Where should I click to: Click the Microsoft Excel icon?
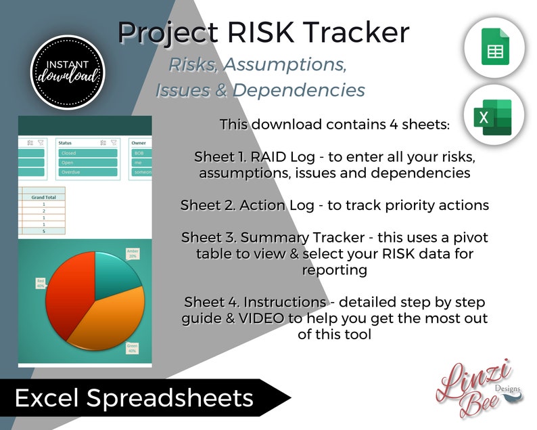click(495, 117)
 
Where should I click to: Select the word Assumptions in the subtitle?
click(285, 65)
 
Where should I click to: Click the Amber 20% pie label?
click(133, 253)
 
